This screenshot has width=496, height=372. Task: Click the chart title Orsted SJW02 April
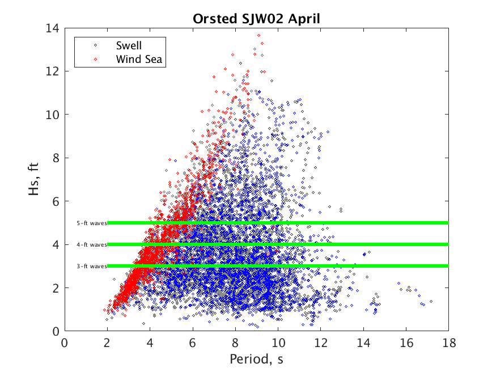256,18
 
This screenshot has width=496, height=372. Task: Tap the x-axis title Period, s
256,359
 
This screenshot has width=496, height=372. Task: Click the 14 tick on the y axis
54,28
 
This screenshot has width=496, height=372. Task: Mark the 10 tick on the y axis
54,115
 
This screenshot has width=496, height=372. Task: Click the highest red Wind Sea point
259,35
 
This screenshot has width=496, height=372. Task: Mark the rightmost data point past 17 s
431,301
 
